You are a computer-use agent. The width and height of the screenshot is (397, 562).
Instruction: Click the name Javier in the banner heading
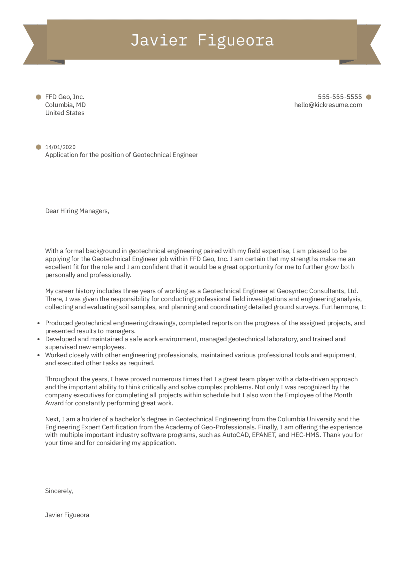pos(159,40)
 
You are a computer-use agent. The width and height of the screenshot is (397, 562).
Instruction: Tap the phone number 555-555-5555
pos(340,97)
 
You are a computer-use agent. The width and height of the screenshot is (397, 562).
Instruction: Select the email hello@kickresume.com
pos(328,105)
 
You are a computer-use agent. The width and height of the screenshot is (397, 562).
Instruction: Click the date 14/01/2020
pos(60,147)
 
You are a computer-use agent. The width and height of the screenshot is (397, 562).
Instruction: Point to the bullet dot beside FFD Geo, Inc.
pos(39,97)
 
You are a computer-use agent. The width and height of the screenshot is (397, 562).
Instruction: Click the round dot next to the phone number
pos(369,97)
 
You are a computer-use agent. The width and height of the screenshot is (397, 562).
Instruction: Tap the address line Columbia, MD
pos(65,105)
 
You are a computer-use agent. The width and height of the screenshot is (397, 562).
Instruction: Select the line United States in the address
pos(65,113)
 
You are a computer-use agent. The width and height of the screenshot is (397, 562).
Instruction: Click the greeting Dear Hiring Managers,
pos(77,211)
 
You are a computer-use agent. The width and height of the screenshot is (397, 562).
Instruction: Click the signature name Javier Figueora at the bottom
pos(67,515)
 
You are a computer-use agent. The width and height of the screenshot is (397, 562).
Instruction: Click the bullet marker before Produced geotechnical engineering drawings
pos(39,323)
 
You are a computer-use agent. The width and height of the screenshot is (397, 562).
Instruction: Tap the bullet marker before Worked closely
pos(39,355)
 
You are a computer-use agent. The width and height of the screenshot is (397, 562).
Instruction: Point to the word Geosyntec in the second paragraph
pos(292,291)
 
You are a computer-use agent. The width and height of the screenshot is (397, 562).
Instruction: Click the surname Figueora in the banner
pos(236,40)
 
